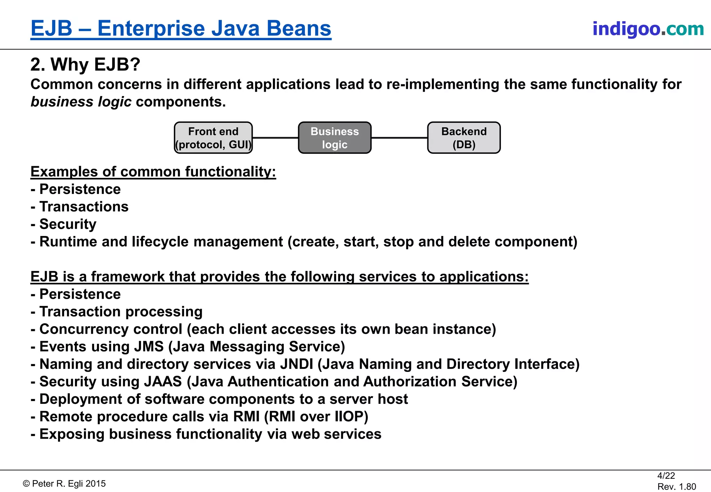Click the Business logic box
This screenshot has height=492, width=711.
point(335,138)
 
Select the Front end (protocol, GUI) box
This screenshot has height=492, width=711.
point(213,138)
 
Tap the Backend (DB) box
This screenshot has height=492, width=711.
point(464,138)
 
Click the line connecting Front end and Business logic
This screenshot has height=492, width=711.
point(275,138)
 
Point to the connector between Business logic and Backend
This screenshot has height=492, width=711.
point(399,138)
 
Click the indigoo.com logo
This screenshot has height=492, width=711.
point(648,29)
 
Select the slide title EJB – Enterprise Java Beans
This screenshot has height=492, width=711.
point(181,28)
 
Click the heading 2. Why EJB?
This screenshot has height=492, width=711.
point(85,65)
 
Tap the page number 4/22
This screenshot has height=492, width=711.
point(666,476)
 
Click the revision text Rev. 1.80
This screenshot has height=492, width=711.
point(676,487)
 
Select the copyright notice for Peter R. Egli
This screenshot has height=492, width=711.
point(64,484)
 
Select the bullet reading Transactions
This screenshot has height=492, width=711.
point(84,207)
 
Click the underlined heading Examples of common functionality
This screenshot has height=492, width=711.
point(153,172)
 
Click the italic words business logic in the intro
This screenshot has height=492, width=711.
point(81,102)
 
